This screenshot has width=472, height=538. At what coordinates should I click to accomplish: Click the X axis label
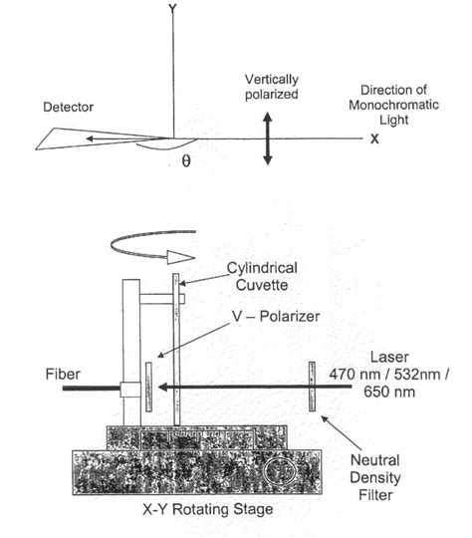point(374,139)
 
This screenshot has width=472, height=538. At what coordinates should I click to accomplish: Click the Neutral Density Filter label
point(403,476)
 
